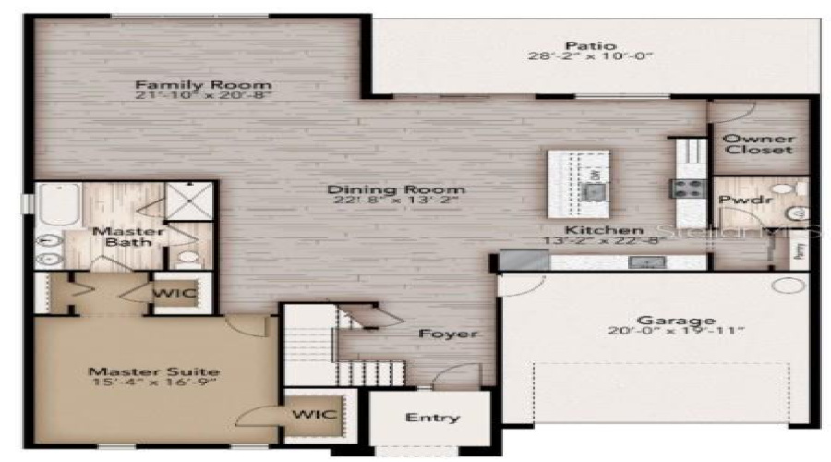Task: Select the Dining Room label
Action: [396, 190]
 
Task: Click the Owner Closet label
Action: [757, 143]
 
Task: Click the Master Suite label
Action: [154, 371]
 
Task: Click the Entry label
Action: [432, 418]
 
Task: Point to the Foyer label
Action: [448, 333]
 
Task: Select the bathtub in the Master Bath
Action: [57, 204]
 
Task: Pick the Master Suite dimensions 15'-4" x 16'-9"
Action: [154, 387]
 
